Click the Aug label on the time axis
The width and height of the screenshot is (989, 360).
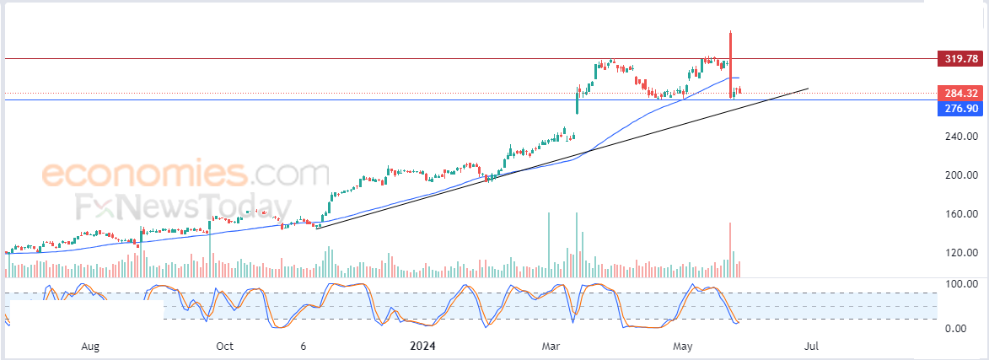[91, 347]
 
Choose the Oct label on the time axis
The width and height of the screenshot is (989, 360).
[224, 347]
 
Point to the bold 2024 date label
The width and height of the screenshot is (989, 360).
[422, 347]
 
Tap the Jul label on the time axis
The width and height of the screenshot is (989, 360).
[812, 347]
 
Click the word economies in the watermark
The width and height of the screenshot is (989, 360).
[144, 172]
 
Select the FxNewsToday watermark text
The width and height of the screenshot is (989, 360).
[184, 207]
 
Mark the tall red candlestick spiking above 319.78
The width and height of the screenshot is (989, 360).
[730, 64]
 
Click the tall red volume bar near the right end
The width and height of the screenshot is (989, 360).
[730, 250]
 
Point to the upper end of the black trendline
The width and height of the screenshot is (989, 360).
[808, 89]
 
